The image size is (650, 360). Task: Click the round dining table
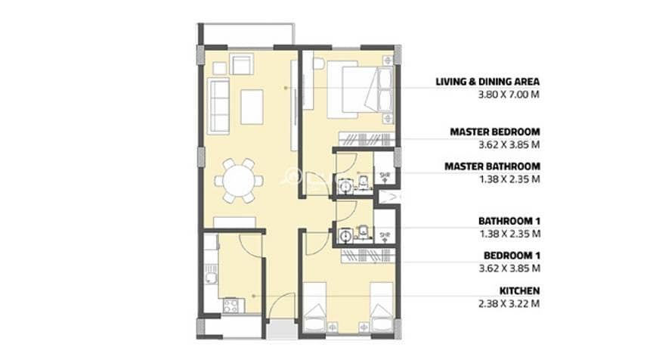(x=238, y=182)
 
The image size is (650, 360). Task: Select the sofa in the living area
(x=218, y=107)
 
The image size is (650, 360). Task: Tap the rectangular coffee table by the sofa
(x=252, y=107)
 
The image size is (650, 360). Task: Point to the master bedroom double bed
(x=360, y=89)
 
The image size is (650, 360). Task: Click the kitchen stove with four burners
(x=231, y=306)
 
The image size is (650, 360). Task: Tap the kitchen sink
(x=212, y=278)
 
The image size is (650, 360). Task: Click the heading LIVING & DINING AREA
(x=487, y=82)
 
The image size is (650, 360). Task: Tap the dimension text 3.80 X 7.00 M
(x=509, y=95)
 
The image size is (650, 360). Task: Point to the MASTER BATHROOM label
(x=493, y=166)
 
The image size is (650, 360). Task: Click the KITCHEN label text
(x=519, y=290)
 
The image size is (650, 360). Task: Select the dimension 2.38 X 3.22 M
(x=509, y=303)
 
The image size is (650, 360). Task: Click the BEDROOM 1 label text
(x=512, y=256)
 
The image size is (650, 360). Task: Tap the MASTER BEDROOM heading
(x=495, y=132)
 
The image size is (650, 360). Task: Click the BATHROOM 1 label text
(x=509, y=221)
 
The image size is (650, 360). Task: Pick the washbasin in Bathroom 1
(x=345, y=235)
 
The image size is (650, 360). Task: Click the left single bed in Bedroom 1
(x=315, y=307)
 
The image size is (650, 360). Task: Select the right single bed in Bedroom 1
(x=382, y=307)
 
